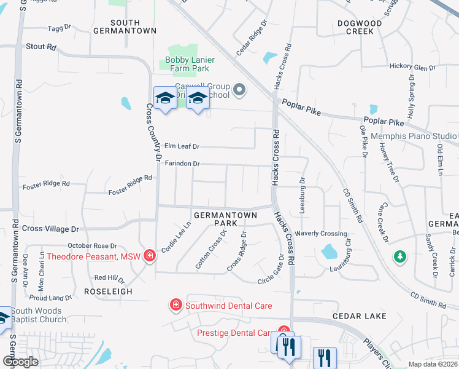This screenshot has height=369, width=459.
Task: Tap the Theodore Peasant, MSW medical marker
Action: point(149,256)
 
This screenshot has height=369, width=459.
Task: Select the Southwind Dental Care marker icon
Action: point(175,305)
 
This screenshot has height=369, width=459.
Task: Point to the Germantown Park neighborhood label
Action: point(215,220)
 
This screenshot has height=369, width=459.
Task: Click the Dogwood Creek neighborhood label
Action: point(360,28)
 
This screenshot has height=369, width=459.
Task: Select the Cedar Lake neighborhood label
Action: point(360,316)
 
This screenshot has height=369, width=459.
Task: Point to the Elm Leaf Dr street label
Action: point(182,146)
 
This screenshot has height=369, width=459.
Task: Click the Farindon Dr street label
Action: point(182,164)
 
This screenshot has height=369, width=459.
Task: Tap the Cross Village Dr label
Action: point(50,229)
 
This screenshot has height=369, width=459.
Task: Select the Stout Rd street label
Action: point(41,47)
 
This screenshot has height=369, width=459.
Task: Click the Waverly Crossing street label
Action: point(321,234)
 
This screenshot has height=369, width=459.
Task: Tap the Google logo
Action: point(20,361)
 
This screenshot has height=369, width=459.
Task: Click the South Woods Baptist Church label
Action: point(38,315)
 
